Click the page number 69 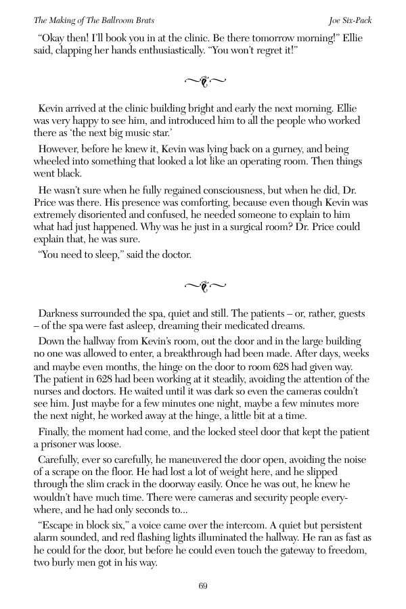pyautogui.click(x=203, y=586)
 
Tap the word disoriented pyautogui.click(x=94, y=214)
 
